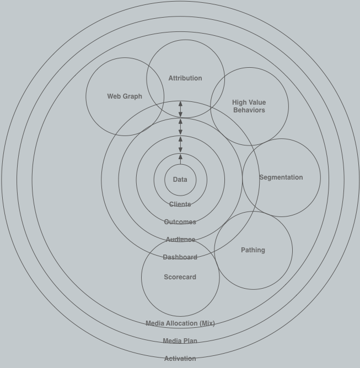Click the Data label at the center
click(x=180, y=180)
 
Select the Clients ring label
click(x=180, y=204)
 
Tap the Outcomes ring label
click(x=180, y=222)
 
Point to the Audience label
click(x=180, y=240)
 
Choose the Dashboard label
click(x=180, y=257)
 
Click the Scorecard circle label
click(x=180, y=277)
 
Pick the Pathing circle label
click(x=252, y=250)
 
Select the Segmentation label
click(x=281, y=177)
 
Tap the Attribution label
click(x=185, y=78)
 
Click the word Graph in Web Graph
click(x=132, y=96)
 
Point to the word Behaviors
click(x=249, y=110)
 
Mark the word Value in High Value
click(x=256, y=102)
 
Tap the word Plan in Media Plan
click(x=190, y=341)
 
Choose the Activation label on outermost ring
click(x=180, y=359)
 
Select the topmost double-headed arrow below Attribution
click(x=180, y=109)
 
